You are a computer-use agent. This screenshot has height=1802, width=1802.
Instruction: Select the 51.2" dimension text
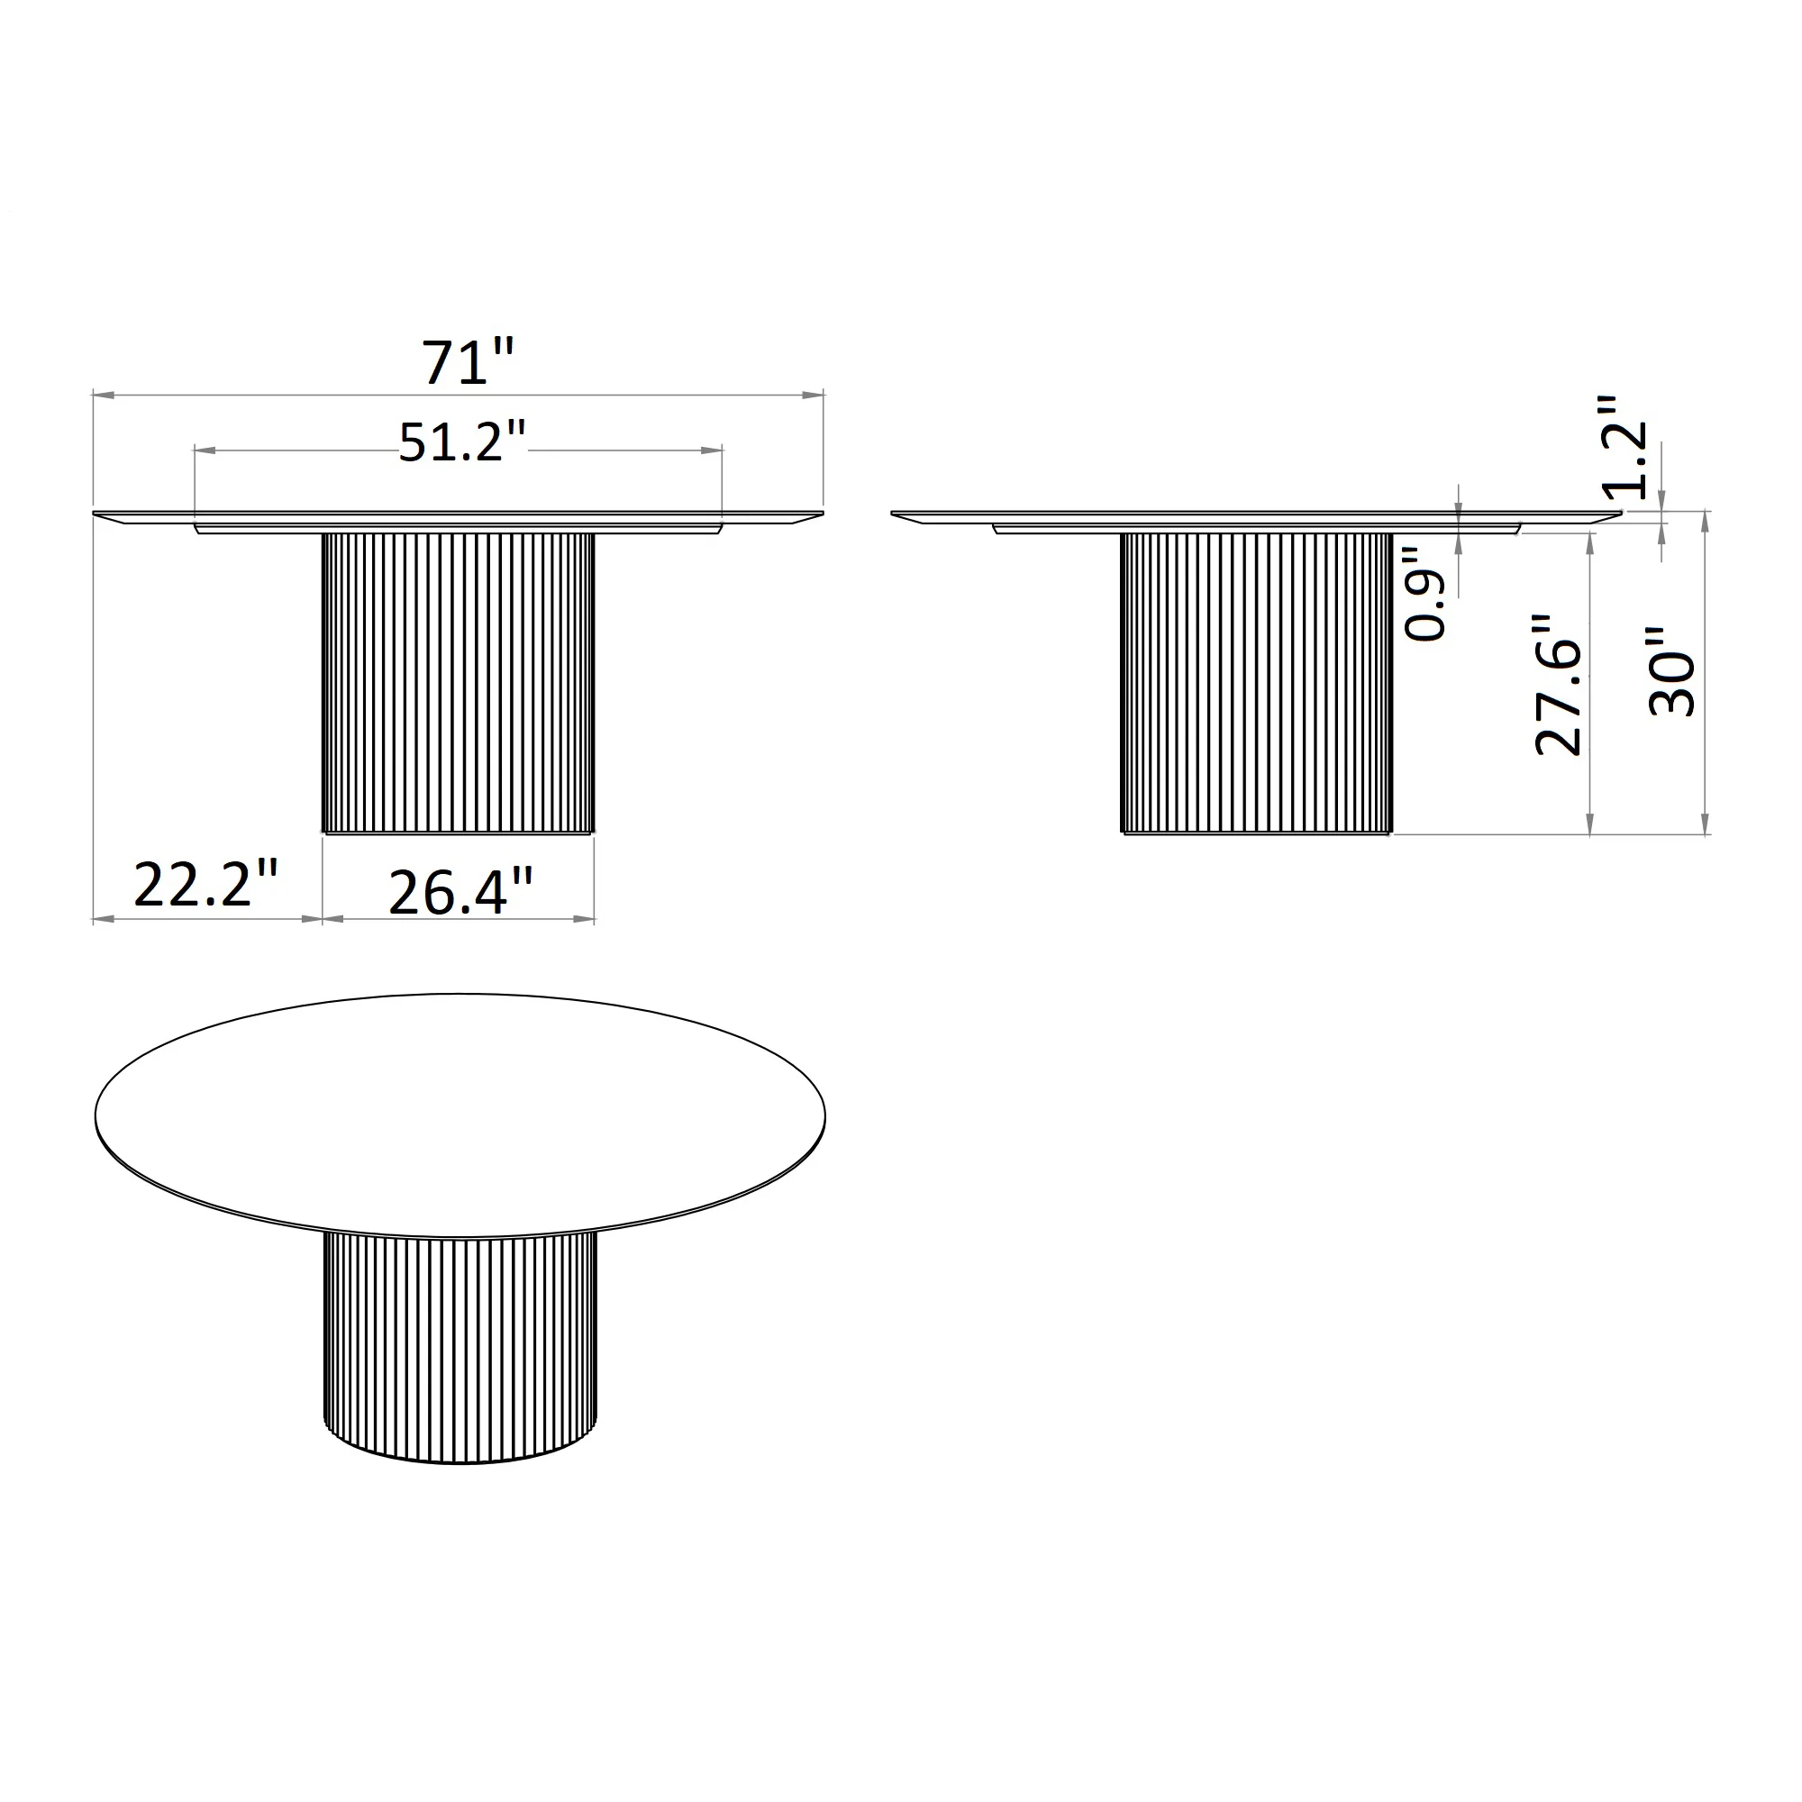click(462, 442)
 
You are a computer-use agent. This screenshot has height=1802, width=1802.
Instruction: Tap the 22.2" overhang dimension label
click(207, 884)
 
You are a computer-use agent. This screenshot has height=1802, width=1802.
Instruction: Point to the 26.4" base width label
click(460, 893)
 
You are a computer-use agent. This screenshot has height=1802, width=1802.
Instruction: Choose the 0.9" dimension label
click(1424, 592)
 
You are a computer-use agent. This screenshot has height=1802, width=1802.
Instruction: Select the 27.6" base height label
click(1559, 684)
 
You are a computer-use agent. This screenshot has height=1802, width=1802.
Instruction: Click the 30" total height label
click(1671, 670)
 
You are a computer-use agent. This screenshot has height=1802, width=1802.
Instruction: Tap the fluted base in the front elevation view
click(458, 683)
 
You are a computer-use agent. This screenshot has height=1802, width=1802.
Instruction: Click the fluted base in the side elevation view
click(1256, 683)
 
